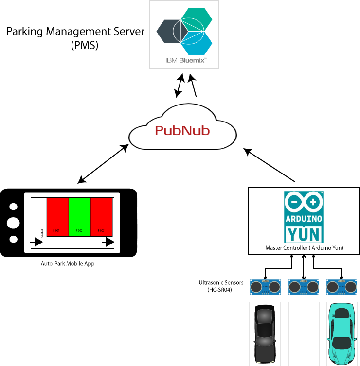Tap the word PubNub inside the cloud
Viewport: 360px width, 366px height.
(x=182, y=131)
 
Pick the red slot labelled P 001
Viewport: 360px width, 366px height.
(x=57, y=216)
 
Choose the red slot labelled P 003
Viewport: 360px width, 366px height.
(x=101, y=216)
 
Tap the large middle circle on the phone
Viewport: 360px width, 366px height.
(x=14, y=223)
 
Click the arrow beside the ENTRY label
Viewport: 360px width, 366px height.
(x=36, y=242)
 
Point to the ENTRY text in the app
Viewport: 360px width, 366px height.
(x=42, y=233)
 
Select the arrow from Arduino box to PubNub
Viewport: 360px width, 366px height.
(x=270, y=165)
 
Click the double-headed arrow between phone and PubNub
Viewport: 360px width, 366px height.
(x=104, y=163)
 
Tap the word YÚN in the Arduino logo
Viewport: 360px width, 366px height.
(x=304, y=234)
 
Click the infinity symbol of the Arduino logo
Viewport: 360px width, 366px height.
(x=304, y=201)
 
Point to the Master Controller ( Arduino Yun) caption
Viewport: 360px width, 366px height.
(x=304, y=248)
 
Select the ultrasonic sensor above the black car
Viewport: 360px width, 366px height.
(x=265, y=287)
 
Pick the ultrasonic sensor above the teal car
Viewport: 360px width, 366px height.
(x=341, y=287)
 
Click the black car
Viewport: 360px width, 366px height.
(x=265, y=333)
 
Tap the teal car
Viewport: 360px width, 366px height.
(x=341, y=333)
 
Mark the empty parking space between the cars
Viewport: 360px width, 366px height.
(x=304, y=333)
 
